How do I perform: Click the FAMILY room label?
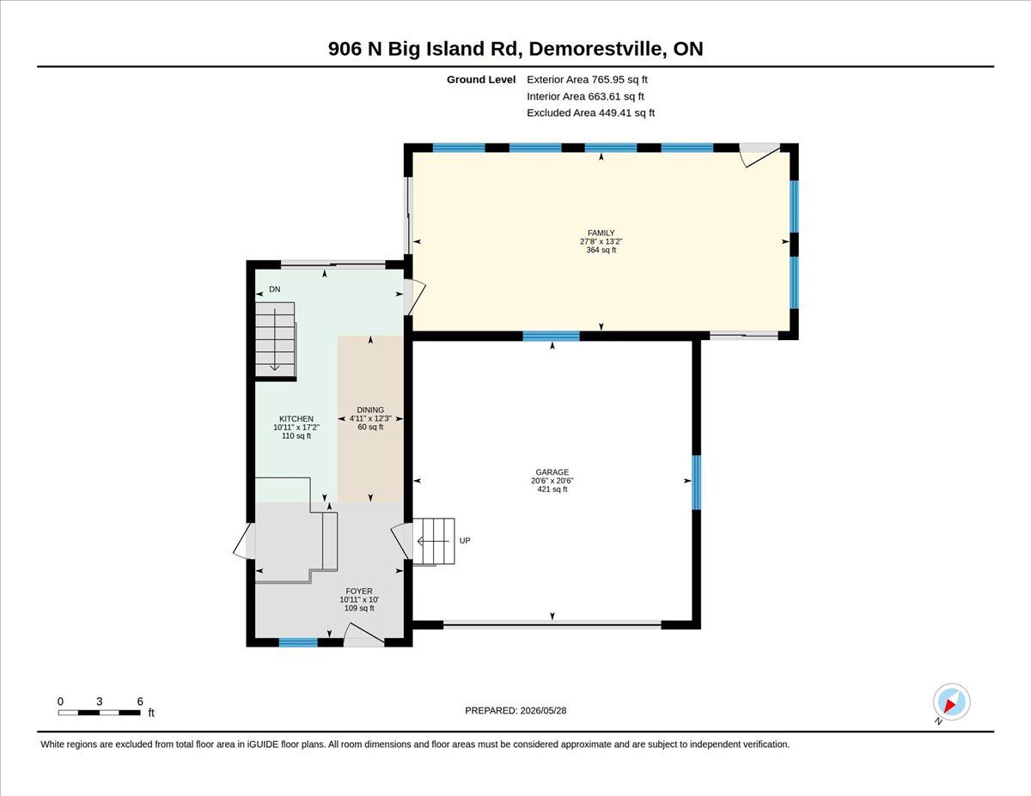(601, 233)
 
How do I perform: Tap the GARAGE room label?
(552, 472)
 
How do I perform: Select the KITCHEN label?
(296, 419)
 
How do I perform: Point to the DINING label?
(370, 410)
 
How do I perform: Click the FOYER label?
(358, 591)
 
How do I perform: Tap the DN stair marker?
(275, 289)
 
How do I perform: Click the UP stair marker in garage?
(465, 540)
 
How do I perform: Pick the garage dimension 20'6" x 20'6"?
(552, 481)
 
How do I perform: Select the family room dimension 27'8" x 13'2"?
(601, 241)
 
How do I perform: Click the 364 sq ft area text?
(601, 250)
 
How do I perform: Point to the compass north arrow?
(950, 706)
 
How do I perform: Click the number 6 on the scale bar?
(140, 702)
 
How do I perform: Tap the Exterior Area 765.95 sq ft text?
(587, 80)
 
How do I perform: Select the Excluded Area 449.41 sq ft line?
(591, 112)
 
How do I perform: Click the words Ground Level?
(481, 80)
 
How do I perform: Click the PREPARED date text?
(515, 711)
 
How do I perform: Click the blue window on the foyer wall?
(298, 643)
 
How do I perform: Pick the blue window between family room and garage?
(552, 336)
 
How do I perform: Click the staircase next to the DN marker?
(275, 339)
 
